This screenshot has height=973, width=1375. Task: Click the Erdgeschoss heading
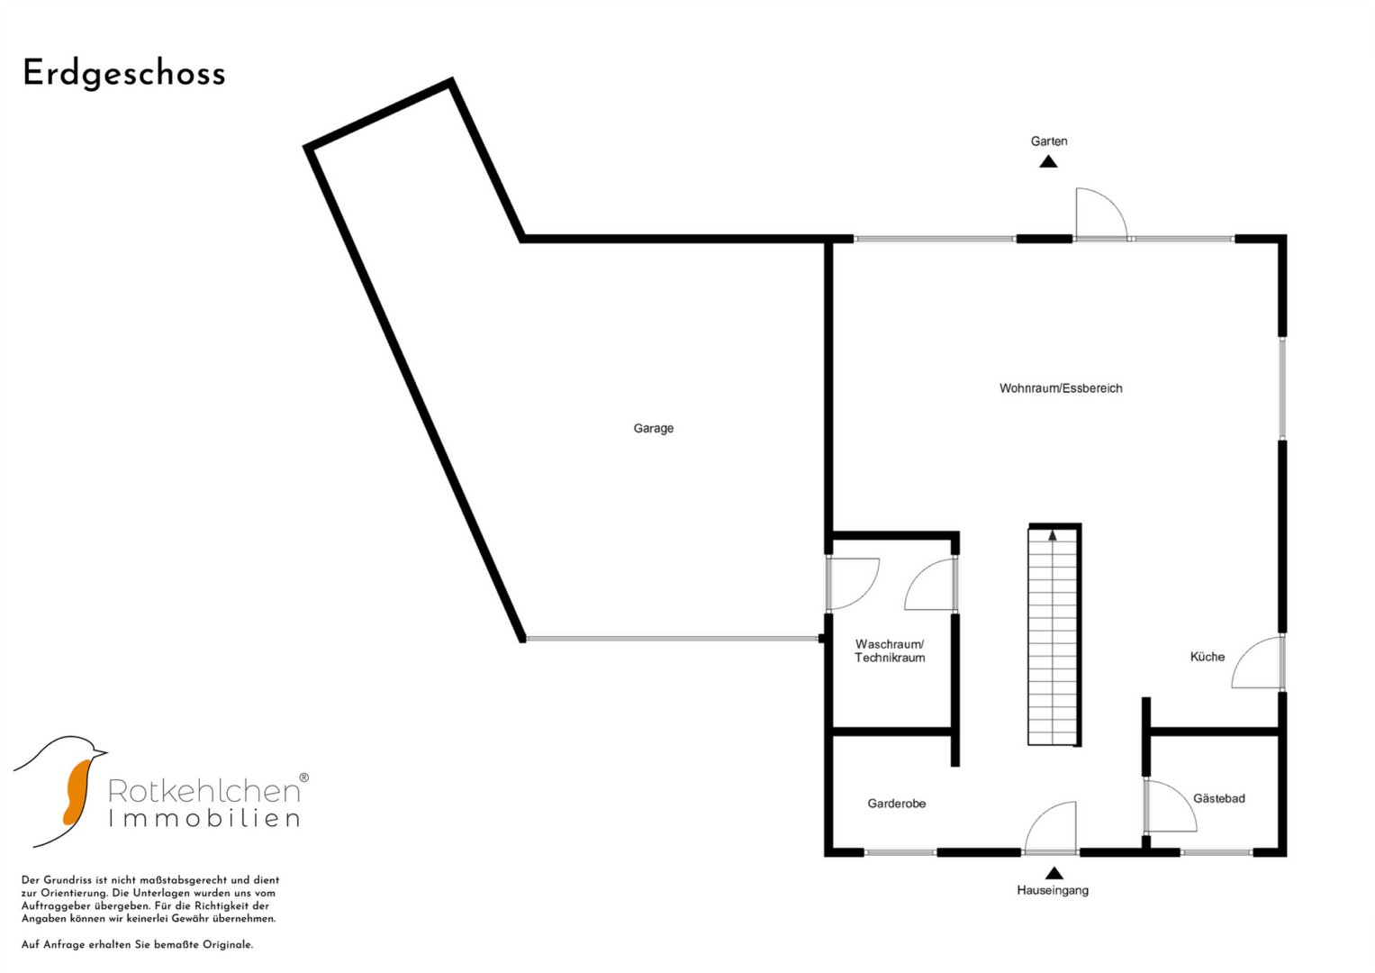tap(124, 74)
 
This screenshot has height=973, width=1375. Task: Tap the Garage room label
tap(653, 428)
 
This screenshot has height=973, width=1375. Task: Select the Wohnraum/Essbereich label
tap(1061, 388)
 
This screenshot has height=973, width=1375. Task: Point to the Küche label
tap(1208, 657)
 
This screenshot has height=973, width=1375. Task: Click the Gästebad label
tap(1219, 798)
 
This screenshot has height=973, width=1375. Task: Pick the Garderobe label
tap(896, 804)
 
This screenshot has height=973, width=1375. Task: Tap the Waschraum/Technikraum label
tap(890, 650)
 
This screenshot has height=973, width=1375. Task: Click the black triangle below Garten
tap(1048, 161)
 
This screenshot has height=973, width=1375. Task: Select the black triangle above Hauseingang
tap(1054, 873)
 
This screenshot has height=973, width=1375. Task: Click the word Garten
tap(1049, 141)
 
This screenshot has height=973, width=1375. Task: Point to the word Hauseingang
tap(1053, 890)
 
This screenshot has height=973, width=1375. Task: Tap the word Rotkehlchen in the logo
tap(204, 791)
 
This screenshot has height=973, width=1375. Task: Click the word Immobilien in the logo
tap(204, 818)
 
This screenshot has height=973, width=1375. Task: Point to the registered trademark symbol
tap(303, 777)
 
